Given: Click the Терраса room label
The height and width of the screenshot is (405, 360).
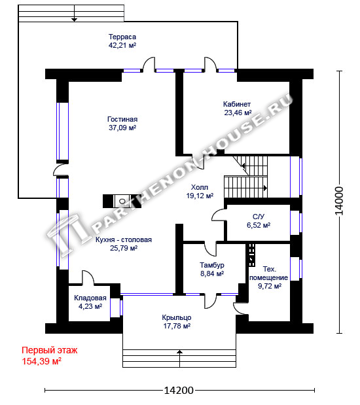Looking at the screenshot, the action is [x=122, y=37].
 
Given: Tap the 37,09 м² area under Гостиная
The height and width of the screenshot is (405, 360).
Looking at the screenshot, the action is [x=122, y=128].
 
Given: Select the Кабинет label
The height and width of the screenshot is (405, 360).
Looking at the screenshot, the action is [x=237, y=104].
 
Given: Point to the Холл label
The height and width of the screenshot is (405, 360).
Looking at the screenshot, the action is [x=200, y=187].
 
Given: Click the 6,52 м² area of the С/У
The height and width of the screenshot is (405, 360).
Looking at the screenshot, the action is [x=259, y=225].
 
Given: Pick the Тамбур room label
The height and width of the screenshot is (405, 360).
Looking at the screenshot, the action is [x=212, y=265].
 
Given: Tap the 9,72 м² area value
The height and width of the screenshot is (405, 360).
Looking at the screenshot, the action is [x=270, y=286].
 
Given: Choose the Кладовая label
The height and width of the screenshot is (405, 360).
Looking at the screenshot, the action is [x=90, y=298].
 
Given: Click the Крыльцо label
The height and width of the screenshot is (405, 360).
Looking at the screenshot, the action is [x=177, y=317].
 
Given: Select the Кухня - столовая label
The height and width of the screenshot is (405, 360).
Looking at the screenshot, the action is [x=124, y=239].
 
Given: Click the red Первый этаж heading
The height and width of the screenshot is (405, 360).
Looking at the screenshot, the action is [x=49, y=350].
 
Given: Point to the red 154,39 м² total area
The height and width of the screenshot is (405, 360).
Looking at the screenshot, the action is [x=42, y=361].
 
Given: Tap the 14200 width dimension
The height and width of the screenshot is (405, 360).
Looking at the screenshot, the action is [x=179, y=390].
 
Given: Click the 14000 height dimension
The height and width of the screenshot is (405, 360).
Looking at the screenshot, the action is [x=339, y=201].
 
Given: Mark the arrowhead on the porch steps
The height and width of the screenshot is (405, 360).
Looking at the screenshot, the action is [x=179, y=351].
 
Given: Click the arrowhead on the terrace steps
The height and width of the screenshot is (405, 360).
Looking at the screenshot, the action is [x=75, y=20].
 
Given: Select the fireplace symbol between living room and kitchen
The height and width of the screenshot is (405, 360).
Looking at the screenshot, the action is [x=122, y=201].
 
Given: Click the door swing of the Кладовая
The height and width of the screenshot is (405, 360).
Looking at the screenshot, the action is [x=88, y=277].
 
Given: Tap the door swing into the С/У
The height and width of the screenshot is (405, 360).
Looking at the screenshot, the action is [x=219, y=215].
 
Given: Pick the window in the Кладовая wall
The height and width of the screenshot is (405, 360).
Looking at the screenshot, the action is [x=117, y=308].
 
